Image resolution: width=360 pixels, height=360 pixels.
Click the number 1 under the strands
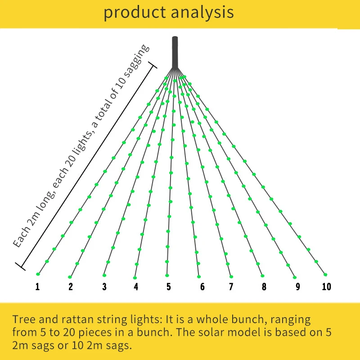(38, 287)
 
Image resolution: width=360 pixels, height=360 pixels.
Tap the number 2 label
(71, 287)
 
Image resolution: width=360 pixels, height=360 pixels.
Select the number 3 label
(104, 287)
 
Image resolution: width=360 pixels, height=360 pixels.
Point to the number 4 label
(136, 287)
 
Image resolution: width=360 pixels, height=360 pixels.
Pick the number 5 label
(168, 287)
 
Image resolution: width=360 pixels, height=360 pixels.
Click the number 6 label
(202, 287)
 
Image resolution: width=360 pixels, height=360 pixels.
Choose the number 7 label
(231, 287)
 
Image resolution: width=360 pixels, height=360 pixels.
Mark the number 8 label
(264, 287)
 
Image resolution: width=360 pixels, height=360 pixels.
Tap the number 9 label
(297, 287)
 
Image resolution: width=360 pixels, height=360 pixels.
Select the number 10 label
(327, 287)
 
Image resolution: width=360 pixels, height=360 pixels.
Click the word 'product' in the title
(134, 12)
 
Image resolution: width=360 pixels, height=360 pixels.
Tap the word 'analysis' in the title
(201, 12)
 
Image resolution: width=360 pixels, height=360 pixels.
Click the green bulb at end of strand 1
(38, 274)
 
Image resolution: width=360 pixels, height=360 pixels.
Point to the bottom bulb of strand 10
(325, 274)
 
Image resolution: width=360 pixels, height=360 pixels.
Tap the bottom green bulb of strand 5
(167, 275)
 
